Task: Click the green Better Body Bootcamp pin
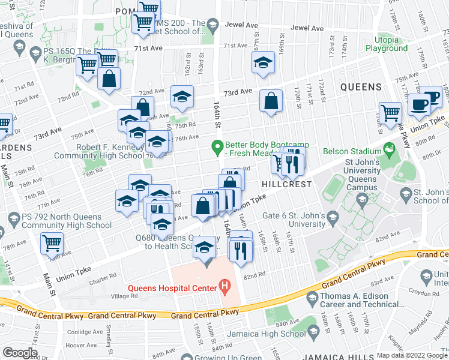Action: pyautogui.click(x=217, y=146)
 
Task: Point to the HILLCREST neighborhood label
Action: pyautogui.click(x=287, y=184)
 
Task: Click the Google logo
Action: pyautogui.click(x=20, y=353)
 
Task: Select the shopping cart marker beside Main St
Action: pyautogui.click(x=52, y=243)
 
